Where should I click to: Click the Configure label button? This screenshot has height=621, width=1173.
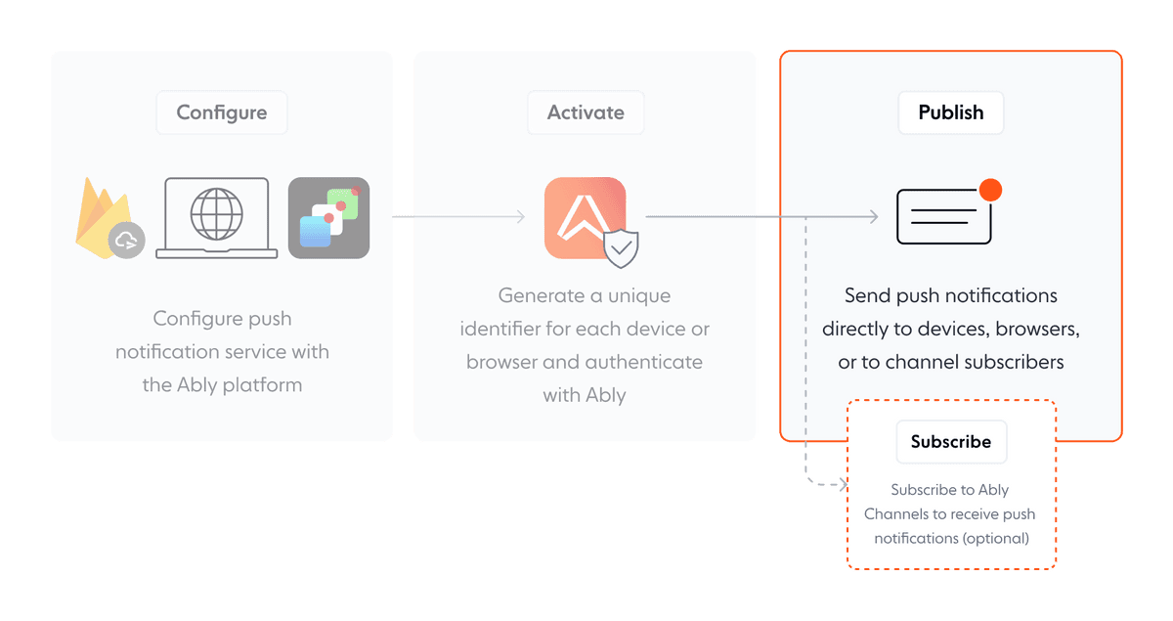pos(222,112)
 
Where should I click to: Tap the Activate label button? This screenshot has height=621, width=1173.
pos(586,112)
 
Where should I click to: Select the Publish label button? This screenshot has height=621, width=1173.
pos(950,112)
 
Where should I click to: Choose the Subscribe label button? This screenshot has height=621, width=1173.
pos(950,442)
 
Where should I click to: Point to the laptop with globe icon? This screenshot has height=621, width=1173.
pos(216,218)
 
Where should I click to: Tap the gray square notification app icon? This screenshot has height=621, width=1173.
pos(328,218)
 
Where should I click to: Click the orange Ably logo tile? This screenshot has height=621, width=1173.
pos(585,217)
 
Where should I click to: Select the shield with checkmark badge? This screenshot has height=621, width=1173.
pos(621,249)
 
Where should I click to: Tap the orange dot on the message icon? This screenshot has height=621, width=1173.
pos(990,190)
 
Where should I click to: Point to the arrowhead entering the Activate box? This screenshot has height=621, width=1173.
pos(522,217)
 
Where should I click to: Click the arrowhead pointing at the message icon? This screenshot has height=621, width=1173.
pos(873,217)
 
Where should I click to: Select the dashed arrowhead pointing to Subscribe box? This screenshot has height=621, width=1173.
pos(840,483)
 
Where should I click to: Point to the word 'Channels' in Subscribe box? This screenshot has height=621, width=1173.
pos(899,514)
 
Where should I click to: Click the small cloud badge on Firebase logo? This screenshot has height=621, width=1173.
pos(127,241)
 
